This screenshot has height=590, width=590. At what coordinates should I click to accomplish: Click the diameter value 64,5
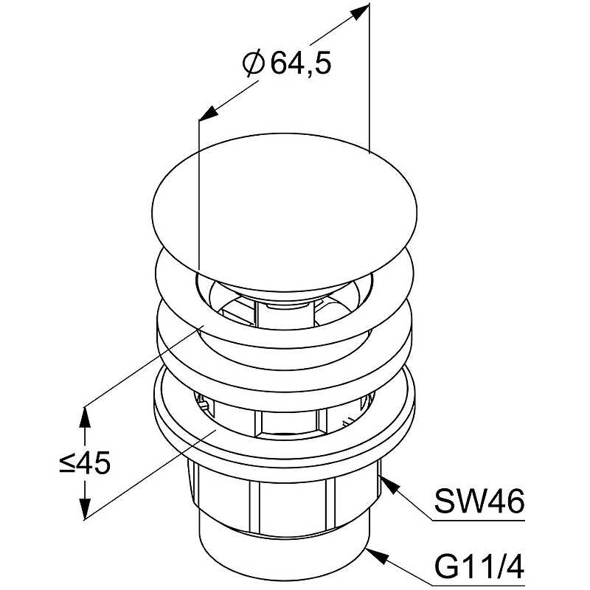tap(301, 63)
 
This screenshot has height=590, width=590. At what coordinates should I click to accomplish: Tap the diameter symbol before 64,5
tap(254, 63)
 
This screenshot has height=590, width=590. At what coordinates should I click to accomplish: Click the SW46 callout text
tap(479, 501)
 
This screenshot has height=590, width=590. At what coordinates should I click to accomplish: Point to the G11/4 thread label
tap(479, 567)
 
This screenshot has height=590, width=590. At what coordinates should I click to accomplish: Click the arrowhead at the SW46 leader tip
tap(389, 485)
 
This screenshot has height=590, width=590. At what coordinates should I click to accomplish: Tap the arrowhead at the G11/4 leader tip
tap(377, 557)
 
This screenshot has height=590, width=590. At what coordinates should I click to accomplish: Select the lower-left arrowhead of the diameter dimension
tap(209, 113)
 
